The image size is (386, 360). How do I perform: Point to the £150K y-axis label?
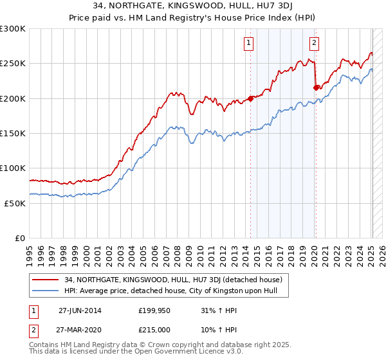[13, 133]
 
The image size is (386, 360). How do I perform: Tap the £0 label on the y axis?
[20, 238]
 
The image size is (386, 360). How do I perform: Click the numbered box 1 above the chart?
[248, 44]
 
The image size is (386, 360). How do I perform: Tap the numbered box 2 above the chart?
[314, 44]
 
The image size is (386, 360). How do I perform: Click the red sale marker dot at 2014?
[250, 98]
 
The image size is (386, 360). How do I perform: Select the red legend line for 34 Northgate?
[46, 280]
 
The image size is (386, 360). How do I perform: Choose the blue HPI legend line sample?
[46, 291]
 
